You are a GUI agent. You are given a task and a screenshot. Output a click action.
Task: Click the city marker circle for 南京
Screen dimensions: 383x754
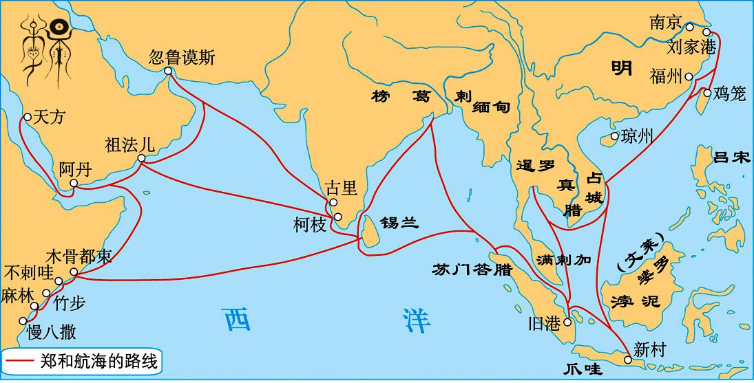click(x=689, y=28)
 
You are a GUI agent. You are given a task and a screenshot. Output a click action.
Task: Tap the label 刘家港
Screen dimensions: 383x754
click(x=691, y=48)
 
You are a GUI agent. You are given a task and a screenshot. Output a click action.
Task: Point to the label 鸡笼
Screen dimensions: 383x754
click(x=731, y=94)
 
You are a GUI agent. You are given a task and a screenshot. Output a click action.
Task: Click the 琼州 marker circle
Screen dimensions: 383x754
click(x=615, y=136)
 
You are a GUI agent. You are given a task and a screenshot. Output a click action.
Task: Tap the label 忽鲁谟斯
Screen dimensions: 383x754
click(x=182, y=57)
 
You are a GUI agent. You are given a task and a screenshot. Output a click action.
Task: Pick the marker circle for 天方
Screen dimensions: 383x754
click(x=28, y=117)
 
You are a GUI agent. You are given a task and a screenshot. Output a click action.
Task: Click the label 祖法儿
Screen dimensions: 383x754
click(x=129, y=145)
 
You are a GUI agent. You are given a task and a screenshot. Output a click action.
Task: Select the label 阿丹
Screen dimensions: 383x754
click(x=74, y=170)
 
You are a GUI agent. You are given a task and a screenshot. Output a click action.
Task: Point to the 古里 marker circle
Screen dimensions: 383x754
click(x=333, y=202)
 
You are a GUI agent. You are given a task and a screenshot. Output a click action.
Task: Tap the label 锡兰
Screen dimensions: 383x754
click(x=399, y=222)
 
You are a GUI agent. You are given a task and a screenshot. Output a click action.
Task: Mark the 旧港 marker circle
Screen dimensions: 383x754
click(x=567, y=322)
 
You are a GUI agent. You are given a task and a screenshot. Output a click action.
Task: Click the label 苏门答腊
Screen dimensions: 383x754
click(x=472, y=269)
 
